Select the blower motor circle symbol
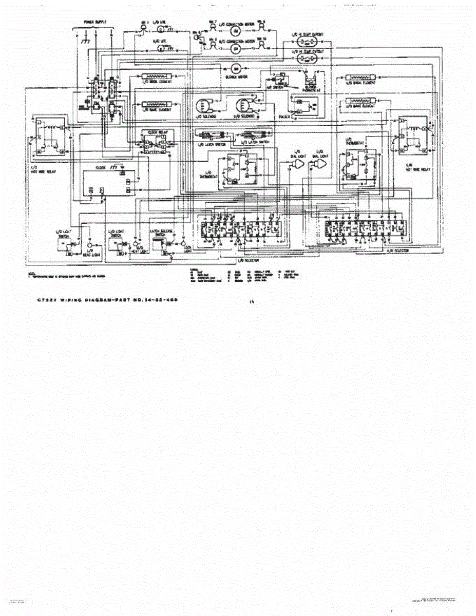[236, 69]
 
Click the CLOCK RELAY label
[156, 132]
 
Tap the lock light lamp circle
[181, 240]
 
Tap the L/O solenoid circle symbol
[202, 106]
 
